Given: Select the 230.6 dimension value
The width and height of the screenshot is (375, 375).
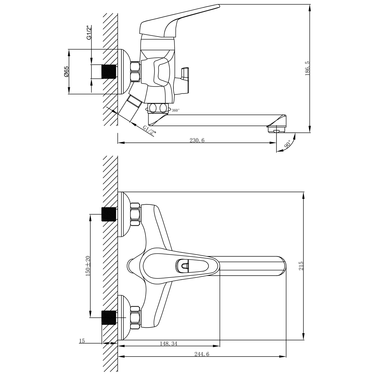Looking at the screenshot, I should click(197, 140).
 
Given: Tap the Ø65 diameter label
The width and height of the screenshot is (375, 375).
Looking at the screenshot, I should click(66, 72).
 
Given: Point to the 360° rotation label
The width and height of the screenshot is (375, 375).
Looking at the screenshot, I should click(176, 110).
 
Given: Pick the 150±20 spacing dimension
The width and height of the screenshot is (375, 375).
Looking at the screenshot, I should click(87, 266).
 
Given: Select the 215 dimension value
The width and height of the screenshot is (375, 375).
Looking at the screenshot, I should click(301, 266).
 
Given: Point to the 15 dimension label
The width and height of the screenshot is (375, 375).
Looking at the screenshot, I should click(82, 341).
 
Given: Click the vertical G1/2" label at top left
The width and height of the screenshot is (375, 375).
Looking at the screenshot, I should click(89, 32).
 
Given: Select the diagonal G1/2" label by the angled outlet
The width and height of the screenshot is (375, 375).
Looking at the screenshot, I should click(149, 130).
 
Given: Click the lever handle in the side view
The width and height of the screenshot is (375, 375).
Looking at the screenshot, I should click(178, 19).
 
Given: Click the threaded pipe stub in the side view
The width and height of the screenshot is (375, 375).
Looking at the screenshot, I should click(109, 72).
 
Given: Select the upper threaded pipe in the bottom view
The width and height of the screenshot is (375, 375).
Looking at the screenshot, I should click(109, 214).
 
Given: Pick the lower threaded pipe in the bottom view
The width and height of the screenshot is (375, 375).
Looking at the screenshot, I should click(109, 317).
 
